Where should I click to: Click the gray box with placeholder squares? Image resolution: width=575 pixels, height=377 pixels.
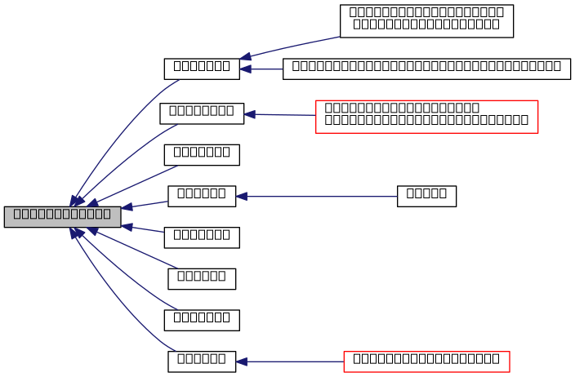(x=62, y=216)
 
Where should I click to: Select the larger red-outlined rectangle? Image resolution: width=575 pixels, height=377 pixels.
(x=426, y=117)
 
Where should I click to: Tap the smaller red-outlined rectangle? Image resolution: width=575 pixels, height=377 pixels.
(x=426, y=361)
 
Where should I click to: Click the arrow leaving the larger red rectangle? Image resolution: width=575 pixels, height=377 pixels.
(x=282, y=115)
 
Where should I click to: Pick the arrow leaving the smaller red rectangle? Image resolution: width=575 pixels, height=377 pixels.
(x=290, y=361)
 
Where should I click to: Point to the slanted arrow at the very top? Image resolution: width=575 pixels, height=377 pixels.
(x=290, y=47)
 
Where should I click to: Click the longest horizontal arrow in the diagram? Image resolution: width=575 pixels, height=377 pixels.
(x=319, y=197)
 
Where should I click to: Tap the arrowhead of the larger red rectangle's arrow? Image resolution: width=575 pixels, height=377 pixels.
(x=249, y=114)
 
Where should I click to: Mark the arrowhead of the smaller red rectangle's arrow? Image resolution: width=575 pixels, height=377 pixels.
(x=241, y=361)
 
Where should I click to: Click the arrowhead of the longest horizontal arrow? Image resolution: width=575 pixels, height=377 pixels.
(x=241, y=197)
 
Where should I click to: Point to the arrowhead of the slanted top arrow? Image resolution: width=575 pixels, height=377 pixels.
(x=245, y=57)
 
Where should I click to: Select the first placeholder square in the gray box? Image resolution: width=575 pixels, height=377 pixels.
(x=17, y=214)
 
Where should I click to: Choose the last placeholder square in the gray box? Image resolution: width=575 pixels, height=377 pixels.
(x=106, y=214)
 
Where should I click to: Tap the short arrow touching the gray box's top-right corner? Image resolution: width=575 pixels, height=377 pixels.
(x=145, y=205)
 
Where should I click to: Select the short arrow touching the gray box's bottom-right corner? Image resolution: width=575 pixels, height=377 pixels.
(x=144, y=228)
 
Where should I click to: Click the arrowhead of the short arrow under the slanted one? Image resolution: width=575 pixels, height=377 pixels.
(x=245, y=69)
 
